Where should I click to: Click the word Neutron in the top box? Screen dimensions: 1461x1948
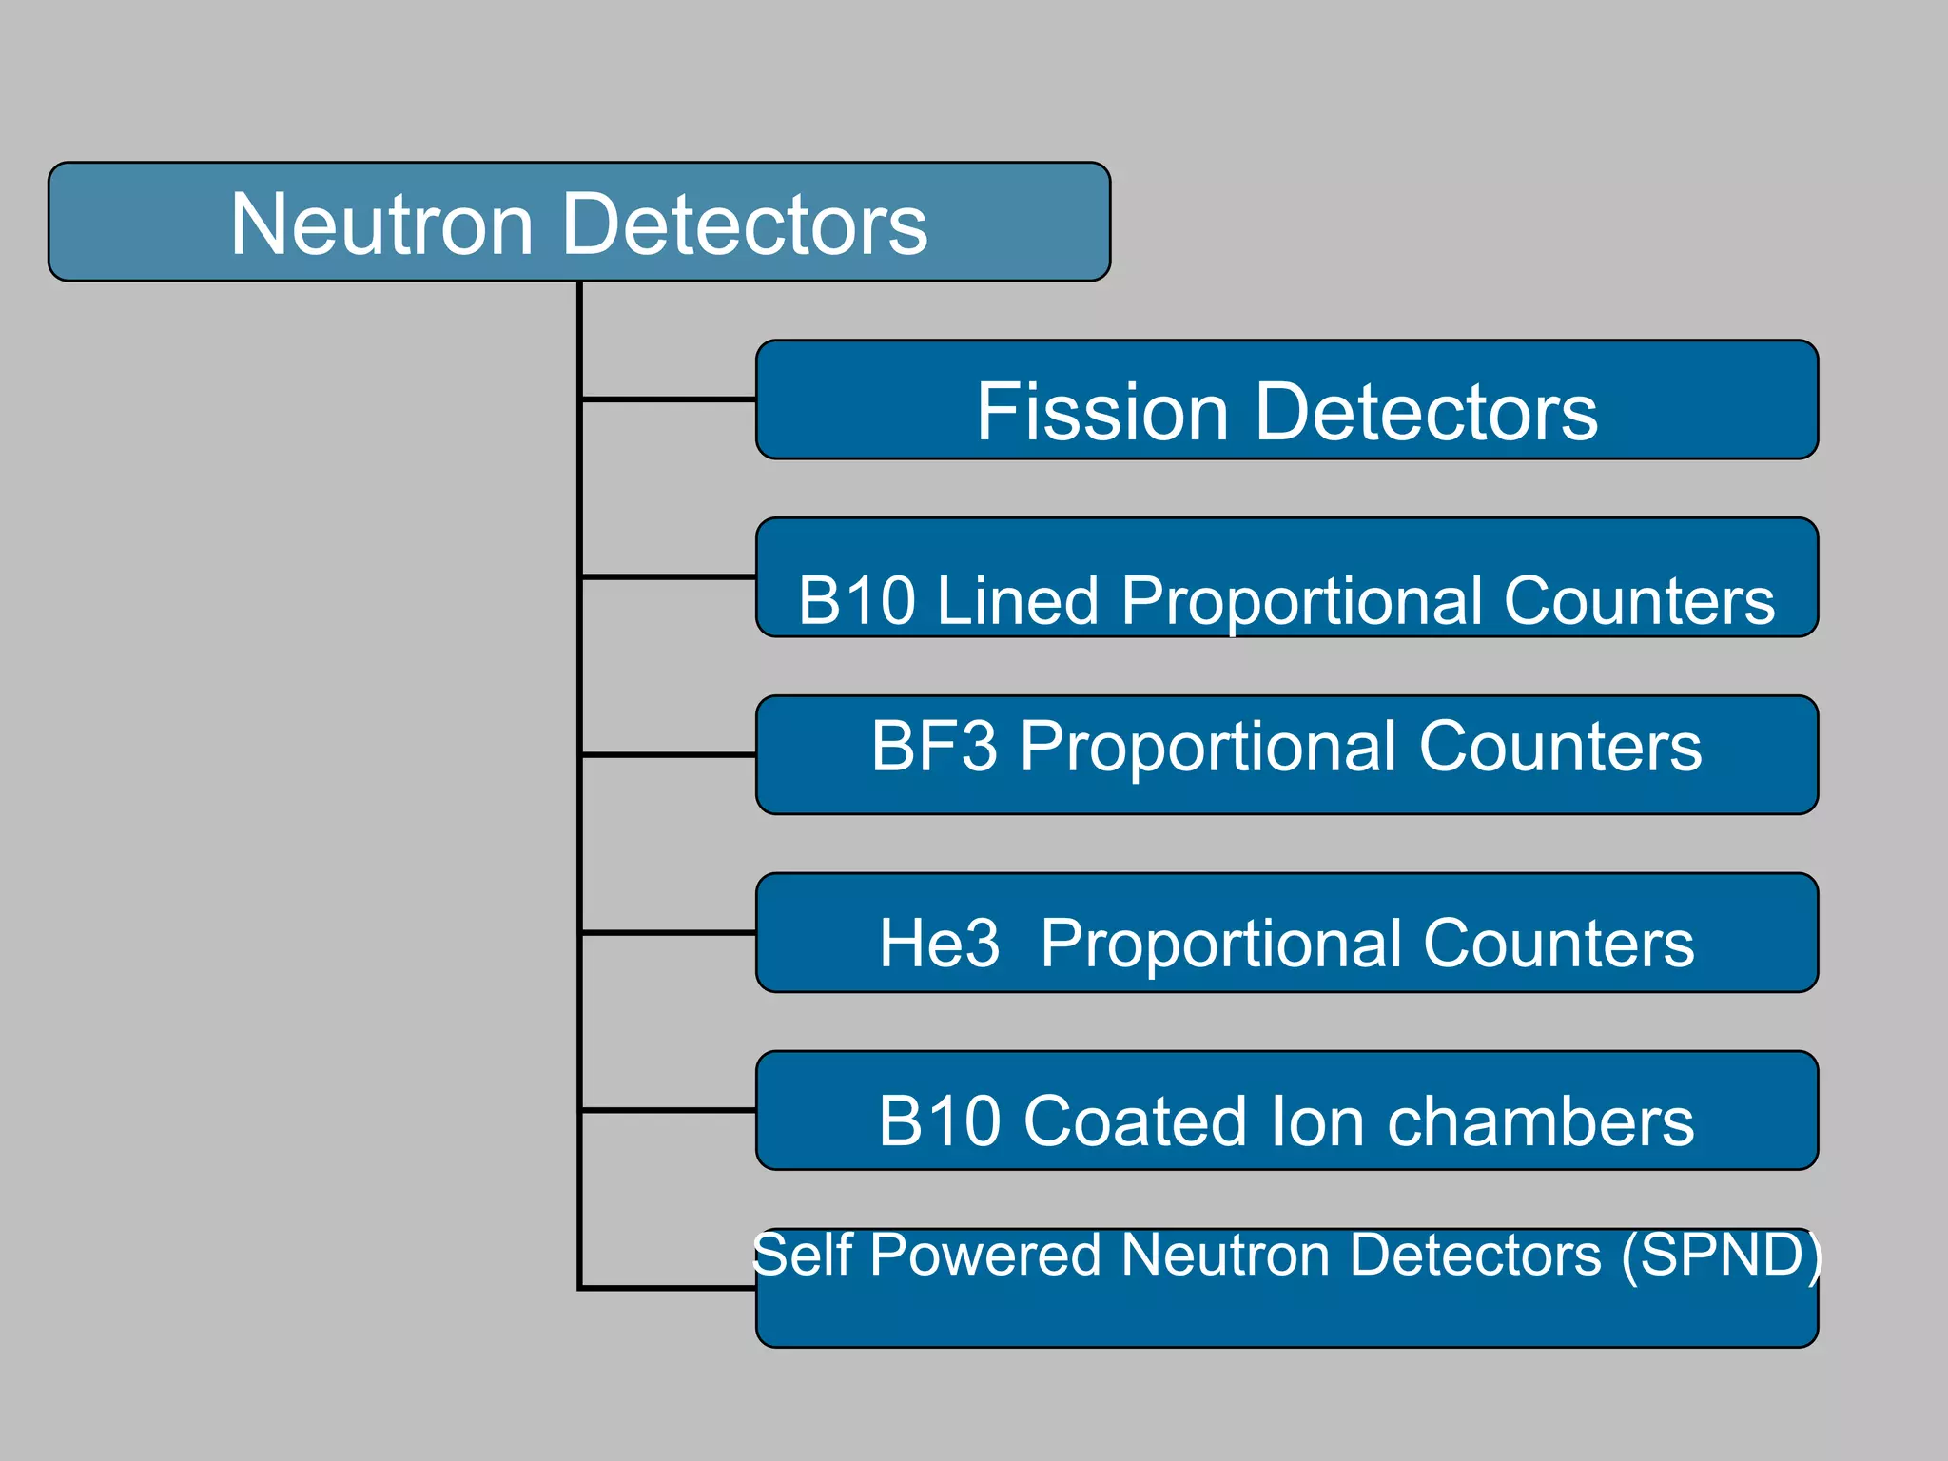pyautogui.click(x=380, y=224)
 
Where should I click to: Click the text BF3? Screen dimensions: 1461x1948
pyautogui.click(x=934, y=746)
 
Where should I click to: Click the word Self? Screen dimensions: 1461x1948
pyautogui.click(x=802, y=1255)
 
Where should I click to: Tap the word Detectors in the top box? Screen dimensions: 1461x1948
pyautogui.click(x=745, y=224)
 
